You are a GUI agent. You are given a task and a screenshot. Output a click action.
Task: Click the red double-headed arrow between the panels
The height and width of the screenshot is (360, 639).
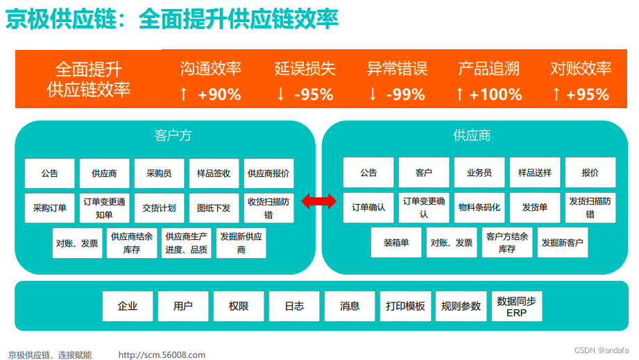pyautogui.click(x=318, y=201)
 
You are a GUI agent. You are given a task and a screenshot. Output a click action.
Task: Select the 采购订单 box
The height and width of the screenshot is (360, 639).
pyautogui.click(x=49, y=207)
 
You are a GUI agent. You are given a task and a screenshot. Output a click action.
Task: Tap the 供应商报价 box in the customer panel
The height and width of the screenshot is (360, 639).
pyautogui.click(x=269, y=173)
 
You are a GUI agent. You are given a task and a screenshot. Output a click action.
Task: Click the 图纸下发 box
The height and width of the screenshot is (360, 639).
pyautogui.click(x=214, y=207)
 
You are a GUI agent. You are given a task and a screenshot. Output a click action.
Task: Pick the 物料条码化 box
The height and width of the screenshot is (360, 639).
pyautogui.click(x=479, y=207)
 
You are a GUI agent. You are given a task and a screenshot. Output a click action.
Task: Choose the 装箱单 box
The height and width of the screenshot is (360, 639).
pyautogui.click(x=395, y=243)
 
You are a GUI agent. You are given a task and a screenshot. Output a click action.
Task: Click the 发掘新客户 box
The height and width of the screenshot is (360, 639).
pyautogui.click(x=562, y=243)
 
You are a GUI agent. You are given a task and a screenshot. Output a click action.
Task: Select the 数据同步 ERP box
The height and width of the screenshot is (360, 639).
pyautogui.click(x=516, y=306)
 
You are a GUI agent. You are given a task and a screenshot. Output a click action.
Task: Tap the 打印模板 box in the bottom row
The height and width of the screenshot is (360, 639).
pyautogui.click(x=405, y=306)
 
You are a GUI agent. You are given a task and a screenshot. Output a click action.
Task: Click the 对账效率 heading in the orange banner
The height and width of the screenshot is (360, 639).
pyautogui.click(x=581, y=69)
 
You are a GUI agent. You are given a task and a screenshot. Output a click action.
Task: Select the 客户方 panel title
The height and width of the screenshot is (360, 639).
pyautogui.click(x=173, y=135)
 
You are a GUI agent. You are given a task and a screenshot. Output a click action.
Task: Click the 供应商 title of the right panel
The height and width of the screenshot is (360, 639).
pyautogui.click(x=472, y=135)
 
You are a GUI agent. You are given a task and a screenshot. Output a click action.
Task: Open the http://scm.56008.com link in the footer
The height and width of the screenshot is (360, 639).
pyautogui.click(x=162, y=355)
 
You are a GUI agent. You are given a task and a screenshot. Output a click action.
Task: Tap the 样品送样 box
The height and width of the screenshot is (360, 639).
pyautogui.click(x=534, y=173)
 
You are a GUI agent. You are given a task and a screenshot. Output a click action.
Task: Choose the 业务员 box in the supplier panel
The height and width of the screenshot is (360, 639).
pyautogui.click(x=479, y=173)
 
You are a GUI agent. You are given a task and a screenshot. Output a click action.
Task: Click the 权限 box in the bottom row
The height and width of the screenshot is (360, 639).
pyautogui.click(x=239, y=306)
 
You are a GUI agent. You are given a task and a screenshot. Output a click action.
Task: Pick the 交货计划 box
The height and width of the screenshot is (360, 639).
pyautogui.click(x=159, y=207)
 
